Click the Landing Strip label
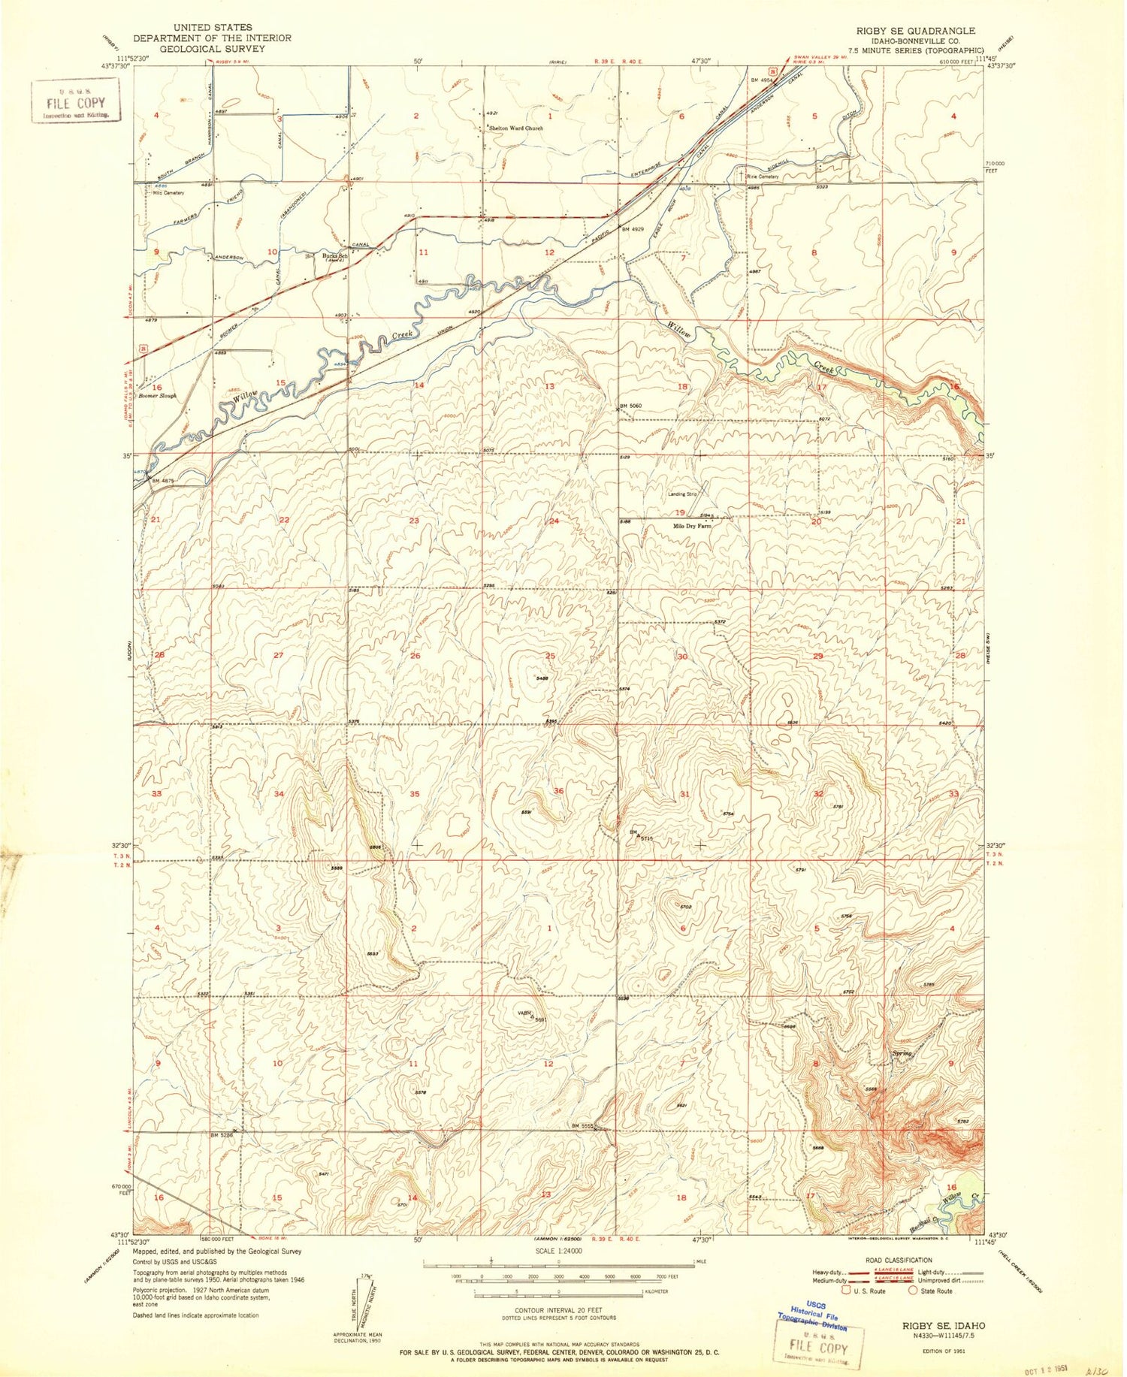click(x=682, y=494)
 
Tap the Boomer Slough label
click(x=157, y=395)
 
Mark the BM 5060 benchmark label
click(x=630, y=406)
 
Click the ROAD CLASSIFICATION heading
click(x=894, y=1260)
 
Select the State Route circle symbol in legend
click(x=913, y=1291)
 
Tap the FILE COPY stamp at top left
click(x=75, y=101)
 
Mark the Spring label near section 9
click(x=902, y=1053)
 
